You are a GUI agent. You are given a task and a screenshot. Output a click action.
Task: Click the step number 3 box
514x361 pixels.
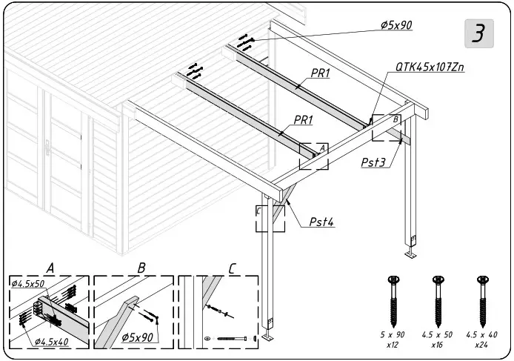pos(479,34)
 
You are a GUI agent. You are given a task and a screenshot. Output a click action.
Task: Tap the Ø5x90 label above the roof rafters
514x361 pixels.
pos(395,24)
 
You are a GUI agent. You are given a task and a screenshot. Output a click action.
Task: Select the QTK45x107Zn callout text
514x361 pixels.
pos(430,67)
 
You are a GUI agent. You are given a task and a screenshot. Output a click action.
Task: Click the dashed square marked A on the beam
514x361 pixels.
pos(313,156)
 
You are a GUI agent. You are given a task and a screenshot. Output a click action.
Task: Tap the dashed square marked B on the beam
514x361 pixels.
pos(387,127)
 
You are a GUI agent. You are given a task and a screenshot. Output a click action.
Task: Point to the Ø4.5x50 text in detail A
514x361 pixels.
pos(29,283)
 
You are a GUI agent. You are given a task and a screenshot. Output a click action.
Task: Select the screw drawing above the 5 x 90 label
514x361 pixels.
pos(392,299)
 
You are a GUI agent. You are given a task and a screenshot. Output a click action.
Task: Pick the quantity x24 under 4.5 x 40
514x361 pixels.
pos(482,345)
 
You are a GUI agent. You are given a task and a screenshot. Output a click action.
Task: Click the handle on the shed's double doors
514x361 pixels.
pos(47,148)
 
